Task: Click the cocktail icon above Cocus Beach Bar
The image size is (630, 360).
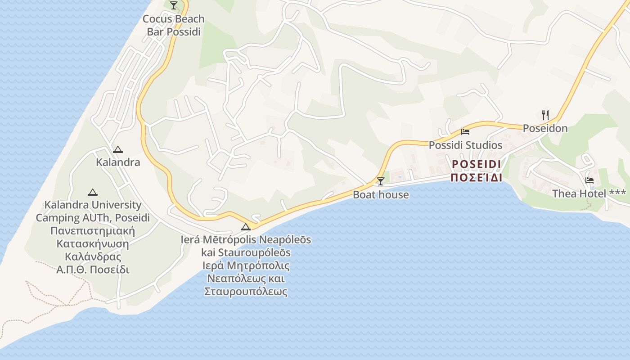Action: pyautogui.click(x=174, y=5)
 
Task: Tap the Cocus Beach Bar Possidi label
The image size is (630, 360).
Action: pyautogui.click(x=174, y=25)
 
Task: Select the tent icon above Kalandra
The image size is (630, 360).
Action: pyautogui.click(x=118, y=149)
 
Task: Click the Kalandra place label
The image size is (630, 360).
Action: pyautogui.click(x=118, y=162)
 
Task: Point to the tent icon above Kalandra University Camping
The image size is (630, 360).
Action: pyautogui.click(x=93, y=192)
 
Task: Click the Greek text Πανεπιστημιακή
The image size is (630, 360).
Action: pyautogui.click(x=93, y=231)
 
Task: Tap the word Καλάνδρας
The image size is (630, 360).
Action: pyautogui.click(x=93, y=257)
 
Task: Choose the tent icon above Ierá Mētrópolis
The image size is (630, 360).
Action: pyautogui.click(x=245, y=226)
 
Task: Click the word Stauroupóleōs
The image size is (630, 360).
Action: pyautogui.click(x=246, y=252)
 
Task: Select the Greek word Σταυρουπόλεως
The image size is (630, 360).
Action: pyautogui.click(x=246, y=291)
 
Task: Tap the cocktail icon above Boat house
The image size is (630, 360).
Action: pyautogui.click(x=381, y=181)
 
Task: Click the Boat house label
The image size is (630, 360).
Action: pyautogui.click(x=381, y=194)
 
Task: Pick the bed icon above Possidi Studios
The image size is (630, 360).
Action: pyautogui.click(x=465, y=132)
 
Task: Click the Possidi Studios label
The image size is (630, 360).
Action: pyautogui.click(x=465, y=145)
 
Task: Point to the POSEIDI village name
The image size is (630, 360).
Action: pyautogui.click(x=477, y=164)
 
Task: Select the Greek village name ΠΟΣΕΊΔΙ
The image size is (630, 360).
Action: pyautogui.click(x=477, y=177)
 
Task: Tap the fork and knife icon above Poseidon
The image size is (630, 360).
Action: pyautogui.click(x=545, y=115)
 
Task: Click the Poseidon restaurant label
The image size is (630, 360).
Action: pyautogui.click(x=545, y=128)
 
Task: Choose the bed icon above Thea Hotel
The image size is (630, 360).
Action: pyautogui.click(x=589, y=180)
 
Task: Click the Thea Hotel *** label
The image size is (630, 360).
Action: pyautogui.click(x=589, y=193)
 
